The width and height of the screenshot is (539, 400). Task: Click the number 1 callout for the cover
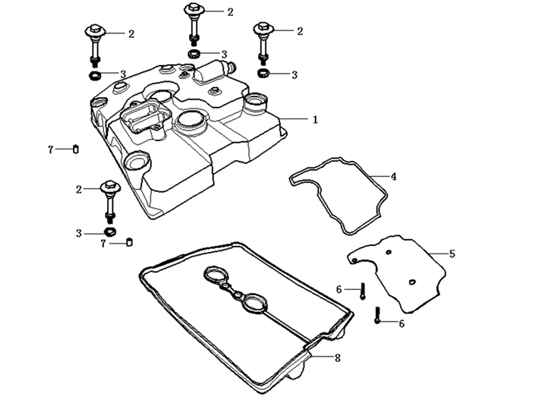[315, 119]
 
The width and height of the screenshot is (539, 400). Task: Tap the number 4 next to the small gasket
[394, 176]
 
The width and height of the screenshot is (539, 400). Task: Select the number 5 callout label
[452, 254]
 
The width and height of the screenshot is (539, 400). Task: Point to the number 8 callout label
[337, 357]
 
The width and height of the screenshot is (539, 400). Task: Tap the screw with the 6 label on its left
[364, 289]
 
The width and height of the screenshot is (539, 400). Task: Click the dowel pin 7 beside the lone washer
[129, 242]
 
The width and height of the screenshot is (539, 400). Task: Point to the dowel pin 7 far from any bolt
[76, 148]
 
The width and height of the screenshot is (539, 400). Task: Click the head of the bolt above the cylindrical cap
[193, 11]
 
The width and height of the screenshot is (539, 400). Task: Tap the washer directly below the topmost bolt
[194, 55]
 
